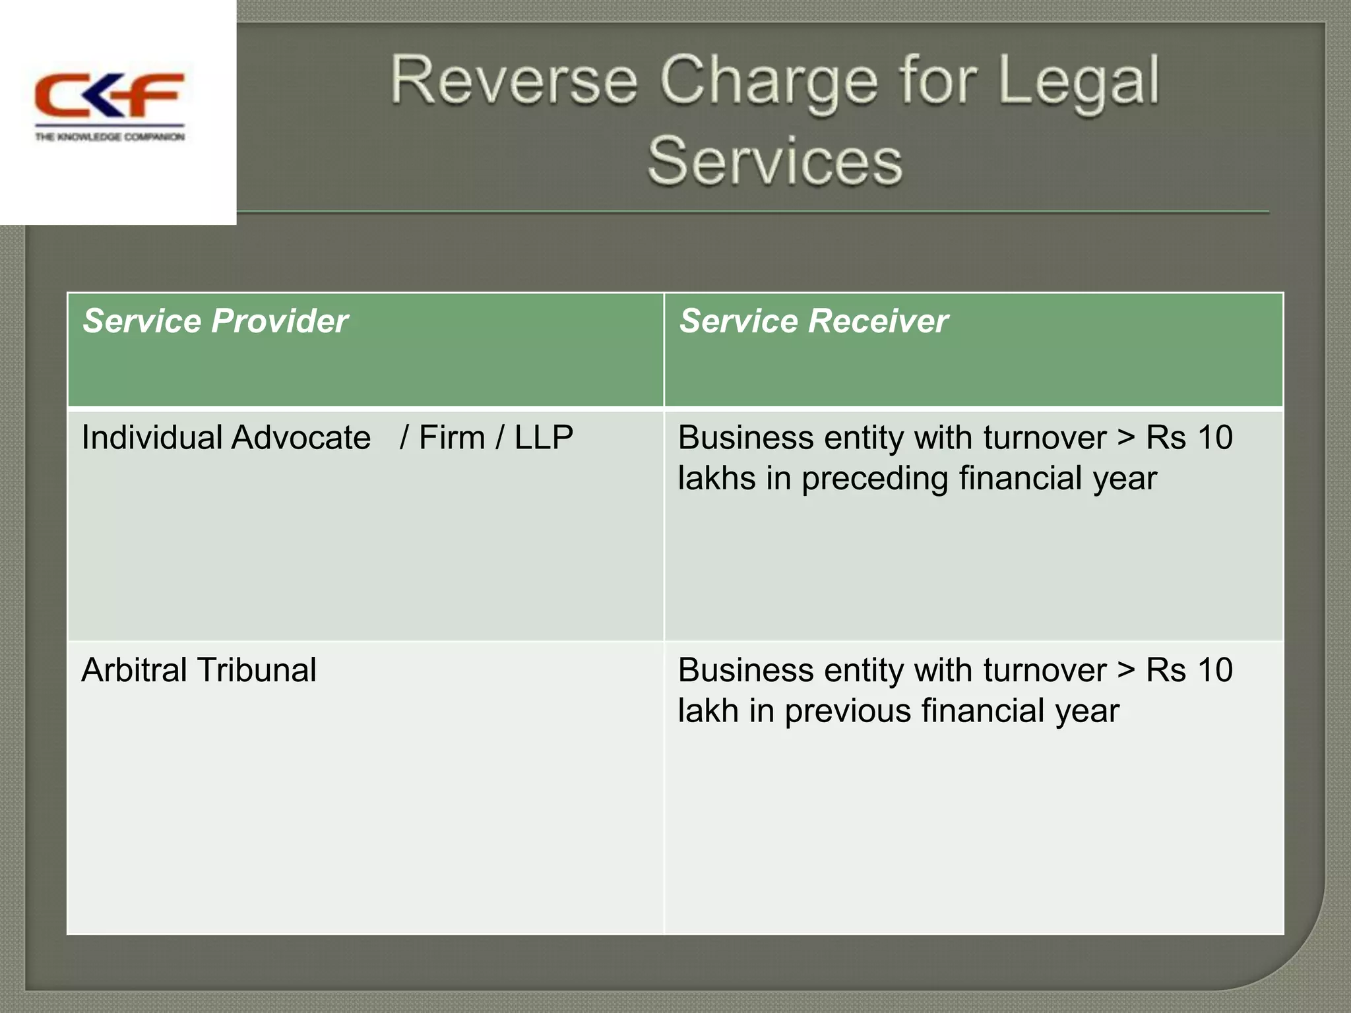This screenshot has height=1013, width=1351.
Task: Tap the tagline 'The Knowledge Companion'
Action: (110, 137)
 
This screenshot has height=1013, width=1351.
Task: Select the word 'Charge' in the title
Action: (768, 83)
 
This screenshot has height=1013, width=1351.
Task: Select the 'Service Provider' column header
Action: (215, 321)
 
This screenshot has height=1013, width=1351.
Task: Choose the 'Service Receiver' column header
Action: (813, 321)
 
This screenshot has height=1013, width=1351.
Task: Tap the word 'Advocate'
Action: (301, 437)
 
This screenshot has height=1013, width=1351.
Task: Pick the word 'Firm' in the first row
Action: (452, 437)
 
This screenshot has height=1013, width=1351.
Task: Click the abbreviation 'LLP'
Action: (544, 437)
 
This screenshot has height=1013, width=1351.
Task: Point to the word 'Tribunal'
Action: (257, 670)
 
